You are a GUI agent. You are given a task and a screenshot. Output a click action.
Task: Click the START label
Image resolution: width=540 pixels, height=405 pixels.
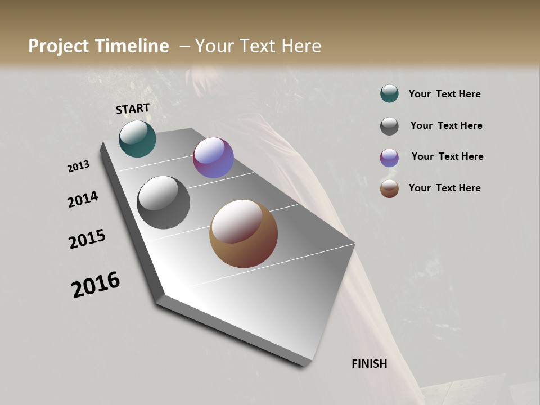(x=133, y=109)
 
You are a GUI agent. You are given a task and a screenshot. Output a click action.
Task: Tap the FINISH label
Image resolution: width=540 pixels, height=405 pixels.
(x=370, y=364)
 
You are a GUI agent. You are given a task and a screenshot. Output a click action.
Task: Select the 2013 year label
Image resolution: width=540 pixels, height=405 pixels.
(x=79, y=166)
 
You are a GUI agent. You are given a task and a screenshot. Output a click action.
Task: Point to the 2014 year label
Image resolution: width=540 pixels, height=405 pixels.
(x=83, y=199)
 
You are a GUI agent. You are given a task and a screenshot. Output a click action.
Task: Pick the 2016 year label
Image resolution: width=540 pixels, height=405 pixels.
(x=96, y=285)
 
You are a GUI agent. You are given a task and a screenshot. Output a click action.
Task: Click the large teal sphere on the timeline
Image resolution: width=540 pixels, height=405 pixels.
(x=137, y=139)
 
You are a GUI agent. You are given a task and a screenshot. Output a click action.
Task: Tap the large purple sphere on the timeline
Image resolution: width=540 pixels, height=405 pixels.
(x=213, y=157)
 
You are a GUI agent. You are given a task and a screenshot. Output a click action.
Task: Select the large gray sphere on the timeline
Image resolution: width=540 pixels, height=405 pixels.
(x=163, y=202)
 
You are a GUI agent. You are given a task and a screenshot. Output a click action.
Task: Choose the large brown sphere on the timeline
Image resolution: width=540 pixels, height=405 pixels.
(x=244, y=233)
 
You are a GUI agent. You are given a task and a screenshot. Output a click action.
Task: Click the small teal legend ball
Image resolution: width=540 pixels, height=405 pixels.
(x=389, y=94)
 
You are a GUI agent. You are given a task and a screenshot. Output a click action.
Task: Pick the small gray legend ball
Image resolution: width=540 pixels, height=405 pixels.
(x=389, y=126)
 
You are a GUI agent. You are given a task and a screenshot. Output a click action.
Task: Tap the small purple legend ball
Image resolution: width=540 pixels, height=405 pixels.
(x=389, y=157)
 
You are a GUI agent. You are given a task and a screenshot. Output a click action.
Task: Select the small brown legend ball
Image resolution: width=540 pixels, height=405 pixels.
(x=389, y=189)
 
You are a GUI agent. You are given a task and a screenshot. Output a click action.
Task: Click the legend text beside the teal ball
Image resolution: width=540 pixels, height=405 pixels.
(x=444, y=94)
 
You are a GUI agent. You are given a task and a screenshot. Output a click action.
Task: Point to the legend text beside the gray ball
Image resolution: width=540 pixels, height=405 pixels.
(x=446, y=125)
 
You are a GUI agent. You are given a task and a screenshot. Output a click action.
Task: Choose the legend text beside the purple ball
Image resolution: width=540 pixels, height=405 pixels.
(x=447, y=156)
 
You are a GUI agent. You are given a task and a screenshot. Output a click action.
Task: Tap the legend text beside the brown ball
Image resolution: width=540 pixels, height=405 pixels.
(x=444, y=188)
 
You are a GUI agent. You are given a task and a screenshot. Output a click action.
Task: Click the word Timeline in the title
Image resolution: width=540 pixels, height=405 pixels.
(x=131, y=46)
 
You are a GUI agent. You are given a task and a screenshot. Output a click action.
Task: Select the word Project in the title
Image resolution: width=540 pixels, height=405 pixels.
(x=58, y=46)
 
